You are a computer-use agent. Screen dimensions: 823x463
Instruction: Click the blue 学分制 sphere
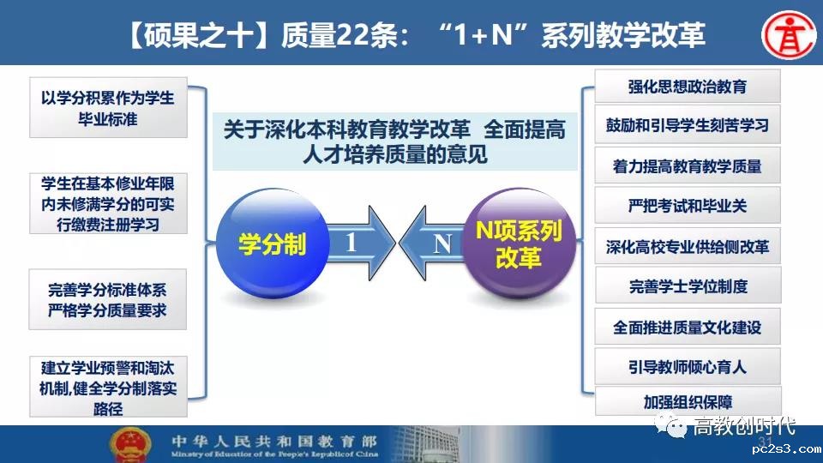(x=273, y=244)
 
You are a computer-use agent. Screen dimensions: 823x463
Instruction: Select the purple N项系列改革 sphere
(x=520, y=244)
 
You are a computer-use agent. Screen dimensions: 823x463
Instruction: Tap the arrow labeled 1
(x=361, y=243)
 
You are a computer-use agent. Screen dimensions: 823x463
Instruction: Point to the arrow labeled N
(x=431, y=243)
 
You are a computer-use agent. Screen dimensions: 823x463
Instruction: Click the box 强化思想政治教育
(x=687, y=86)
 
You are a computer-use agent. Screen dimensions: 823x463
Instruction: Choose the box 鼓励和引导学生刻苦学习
(x=687, y=125)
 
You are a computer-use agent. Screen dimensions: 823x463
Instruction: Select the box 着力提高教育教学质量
(x=687, y=165)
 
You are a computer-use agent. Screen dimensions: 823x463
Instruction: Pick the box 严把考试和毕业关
(x=687, y=205)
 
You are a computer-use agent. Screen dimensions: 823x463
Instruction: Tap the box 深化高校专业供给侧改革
(x=687, y=246)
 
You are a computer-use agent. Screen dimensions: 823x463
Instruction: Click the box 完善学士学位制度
(x=687, y=286)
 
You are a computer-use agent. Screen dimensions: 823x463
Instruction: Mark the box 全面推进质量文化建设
(x=687, y=327)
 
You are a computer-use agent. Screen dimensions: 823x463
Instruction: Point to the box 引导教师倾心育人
(x=687, y=366)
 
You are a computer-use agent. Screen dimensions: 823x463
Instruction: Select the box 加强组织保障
(x=688, y=401)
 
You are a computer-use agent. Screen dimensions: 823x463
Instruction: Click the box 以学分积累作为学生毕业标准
(x=108, y=108)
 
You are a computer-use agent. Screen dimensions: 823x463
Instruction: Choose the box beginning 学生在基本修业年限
(x=108, y=204)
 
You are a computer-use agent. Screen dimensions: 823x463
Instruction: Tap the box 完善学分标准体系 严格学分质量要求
(x=108, y=299)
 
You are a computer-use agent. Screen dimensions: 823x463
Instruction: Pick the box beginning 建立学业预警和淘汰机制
(x=108, y=387)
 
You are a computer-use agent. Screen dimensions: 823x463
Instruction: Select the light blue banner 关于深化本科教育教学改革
(x=394, y=141)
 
